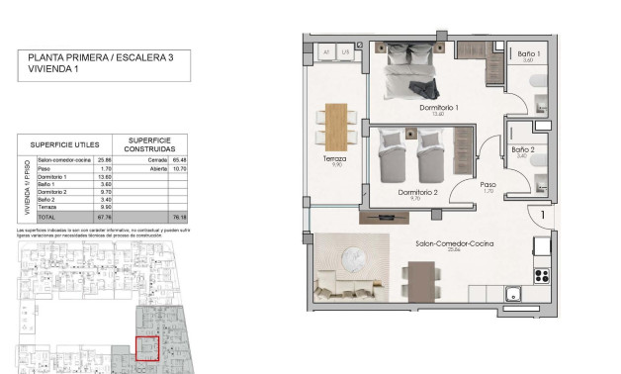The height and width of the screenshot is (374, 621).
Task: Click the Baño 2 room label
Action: [523, 149]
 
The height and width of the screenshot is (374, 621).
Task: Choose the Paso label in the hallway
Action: [488, 184]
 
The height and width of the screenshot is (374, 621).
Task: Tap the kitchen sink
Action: [514, 294]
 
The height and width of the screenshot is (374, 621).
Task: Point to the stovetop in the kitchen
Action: [542, 274]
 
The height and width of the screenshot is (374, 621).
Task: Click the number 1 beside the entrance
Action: [543, 213]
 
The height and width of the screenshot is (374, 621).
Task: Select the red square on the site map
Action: [147, 350]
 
